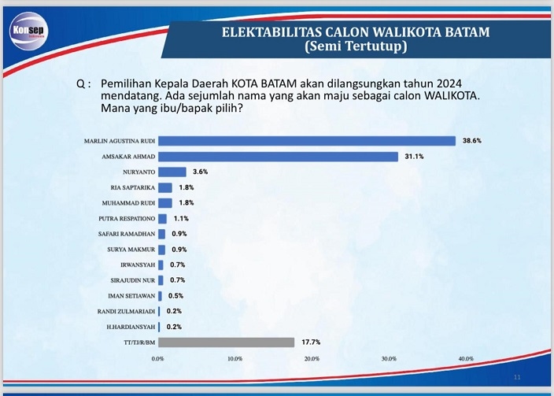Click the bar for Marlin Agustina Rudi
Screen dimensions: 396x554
(307, 141)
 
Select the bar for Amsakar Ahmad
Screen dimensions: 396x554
(278, 157)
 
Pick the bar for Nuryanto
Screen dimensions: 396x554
(172, 172)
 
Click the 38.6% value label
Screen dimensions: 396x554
(472, 141)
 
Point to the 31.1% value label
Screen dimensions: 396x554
(414, 157)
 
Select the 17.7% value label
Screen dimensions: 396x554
(310, 342)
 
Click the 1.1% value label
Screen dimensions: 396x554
(181, 218)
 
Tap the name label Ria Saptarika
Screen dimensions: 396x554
(133, 187)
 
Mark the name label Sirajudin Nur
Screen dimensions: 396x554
(131, 280)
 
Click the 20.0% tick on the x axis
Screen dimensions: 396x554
(312, 358)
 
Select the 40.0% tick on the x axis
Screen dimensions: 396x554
(465, 358)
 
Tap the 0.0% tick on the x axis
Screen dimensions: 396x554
(157, 358)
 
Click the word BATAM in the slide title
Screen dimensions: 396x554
(467, 31)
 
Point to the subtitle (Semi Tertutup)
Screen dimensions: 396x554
(355, 47)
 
